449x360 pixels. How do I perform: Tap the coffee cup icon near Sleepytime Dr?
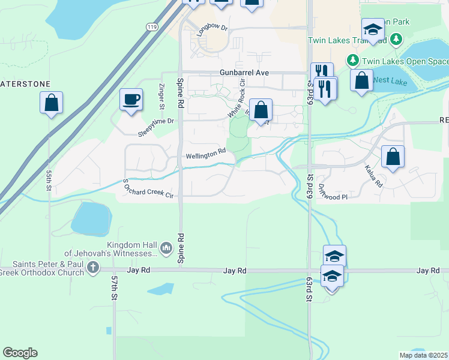click(x=130, y=100)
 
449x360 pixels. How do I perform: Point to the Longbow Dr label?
click(x=213, y=28)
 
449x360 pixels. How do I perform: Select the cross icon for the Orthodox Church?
click(x=92, y=268)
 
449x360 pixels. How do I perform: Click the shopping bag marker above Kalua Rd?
click(x=393, y=157)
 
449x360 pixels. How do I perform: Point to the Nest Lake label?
click(x=390, y=80)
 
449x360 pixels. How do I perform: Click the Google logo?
click(x=20, y=353)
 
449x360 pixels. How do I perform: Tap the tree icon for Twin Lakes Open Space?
click(x=352, y=61)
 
